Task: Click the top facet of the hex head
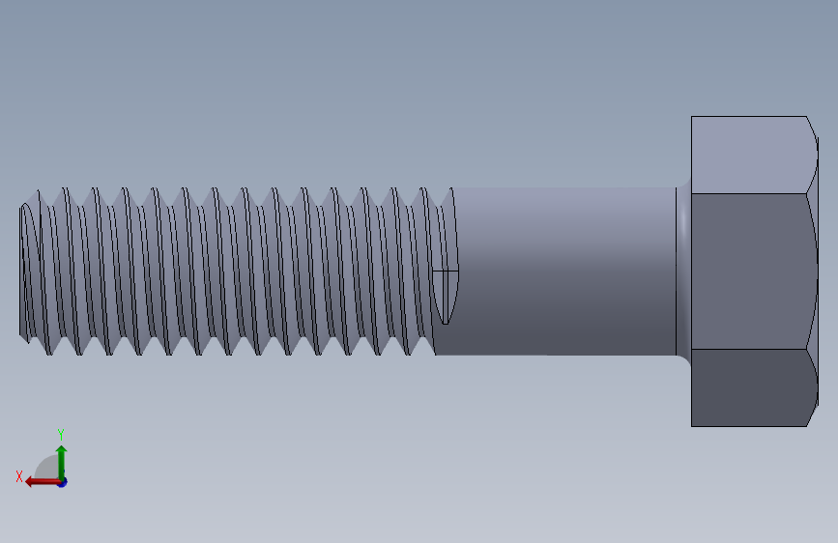(x=749, y=155)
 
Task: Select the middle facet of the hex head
(x=749, y=271)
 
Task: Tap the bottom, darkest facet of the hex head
(x=749, y=386)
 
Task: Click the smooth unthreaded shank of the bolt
(x=561, y=271)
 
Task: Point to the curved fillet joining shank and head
(x=683, y=271)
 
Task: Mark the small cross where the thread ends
(x=445, y=271)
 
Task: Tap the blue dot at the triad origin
(x=62, y=481)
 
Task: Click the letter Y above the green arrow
(x=60, y=434)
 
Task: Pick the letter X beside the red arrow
(x=18, y=476)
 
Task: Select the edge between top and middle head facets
(x=749, y=193)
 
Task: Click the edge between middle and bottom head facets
(x=749, y=349)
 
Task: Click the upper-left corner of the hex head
(x=692, y=118)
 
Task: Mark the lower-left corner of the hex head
(x=692, y=425)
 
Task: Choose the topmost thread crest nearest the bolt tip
(x=40, y=190)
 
